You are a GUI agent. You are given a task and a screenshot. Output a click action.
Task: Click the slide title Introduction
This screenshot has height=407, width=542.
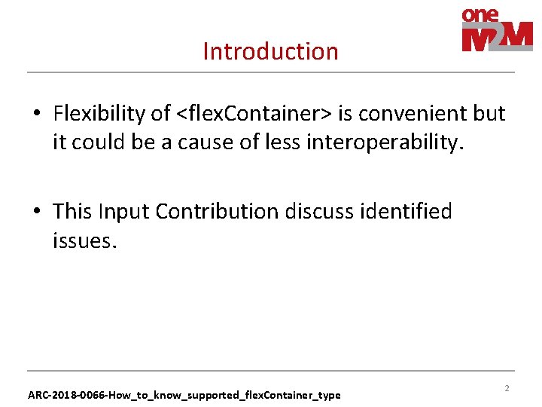pos(270,51)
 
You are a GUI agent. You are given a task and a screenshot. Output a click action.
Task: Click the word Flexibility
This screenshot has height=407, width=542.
pos(102,114)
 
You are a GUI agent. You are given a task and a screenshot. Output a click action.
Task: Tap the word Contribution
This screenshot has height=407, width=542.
pos(217,212)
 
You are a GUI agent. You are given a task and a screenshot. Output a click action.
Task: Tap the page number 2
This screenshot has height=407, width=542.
pos(507,388)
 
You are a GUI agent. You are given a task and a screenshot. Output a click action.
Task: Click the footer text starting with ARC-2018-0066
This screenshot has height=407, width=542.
pos(184,395)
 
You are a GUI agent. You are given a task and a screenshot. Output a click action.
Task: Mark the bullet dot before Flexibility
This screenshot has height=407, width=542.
pos(37,115)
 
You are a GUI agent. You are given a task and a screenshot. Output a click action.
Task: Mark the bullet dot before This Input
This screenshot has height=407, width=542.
pos(37,213)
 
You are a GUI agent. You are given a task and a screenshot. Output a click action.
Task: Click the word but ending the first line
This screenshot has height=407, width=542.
pos(489,114)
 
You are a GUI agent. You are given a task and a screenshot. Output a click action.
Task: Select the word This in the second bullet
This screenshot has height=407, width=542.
pos(72,212)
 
